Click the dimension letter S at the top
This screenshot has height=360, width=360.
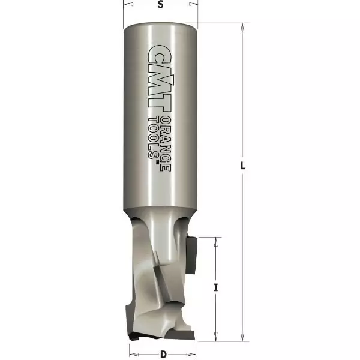pos(160,5)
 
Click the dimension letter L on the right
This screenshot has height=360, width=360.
pos(243,167)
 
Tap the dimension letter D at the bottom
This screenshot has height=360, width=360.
pos(163,354)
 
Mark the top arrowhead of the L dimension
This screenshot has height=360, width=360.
pos(242,27)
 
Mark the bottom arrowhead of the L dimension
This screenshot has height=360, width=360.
pos(242,337)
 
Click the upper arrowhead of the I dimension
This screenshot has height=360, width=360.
pos(215,240)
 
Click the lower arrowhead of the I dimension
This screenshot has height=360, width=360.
pos(215,337)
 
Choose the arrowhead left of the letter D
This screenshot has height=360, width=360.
pos(132,346)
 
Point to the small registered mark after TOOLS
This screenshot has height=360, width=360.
pos(158,160)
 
